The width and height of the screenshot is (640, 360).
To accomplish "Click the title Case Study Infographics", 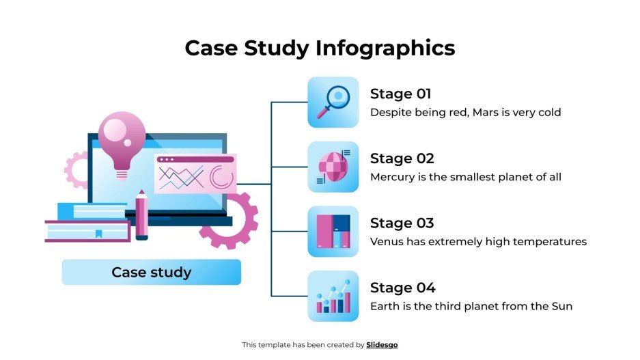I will pos(320,48).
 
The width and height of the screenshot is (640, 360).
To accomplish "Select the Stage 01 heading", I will pos(400,94).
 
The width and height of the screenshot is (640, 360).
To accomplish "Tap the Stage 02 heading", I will pos(402,158).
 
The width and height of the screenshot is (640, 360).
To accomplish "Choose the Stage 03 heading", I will pos(402,223).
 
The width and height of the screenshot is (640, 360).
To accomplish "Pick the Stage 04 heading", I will pos(402,288).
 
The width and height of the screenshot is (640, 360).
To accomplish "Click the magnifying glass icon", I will pos(333,102).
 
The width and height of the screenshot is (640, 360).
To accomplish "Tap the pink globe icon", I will pos(333,167).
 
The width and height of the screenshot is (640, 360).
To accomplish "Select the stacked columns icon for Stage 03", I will pos(333,232).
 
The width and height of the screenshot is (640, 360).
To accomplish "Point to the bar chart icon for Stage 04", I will pos(333,296).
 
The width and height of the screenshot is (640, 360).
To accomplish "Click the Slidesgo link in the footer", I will pos(382,345).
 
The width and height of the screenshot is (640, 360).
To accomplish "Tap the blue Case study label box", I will pos(151,273).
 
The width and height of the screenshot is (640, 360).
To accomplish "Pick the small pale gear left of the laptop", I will pos(76,170).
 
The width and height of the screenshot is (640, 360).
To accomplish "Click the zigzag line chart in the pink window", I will pos(181,177).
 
